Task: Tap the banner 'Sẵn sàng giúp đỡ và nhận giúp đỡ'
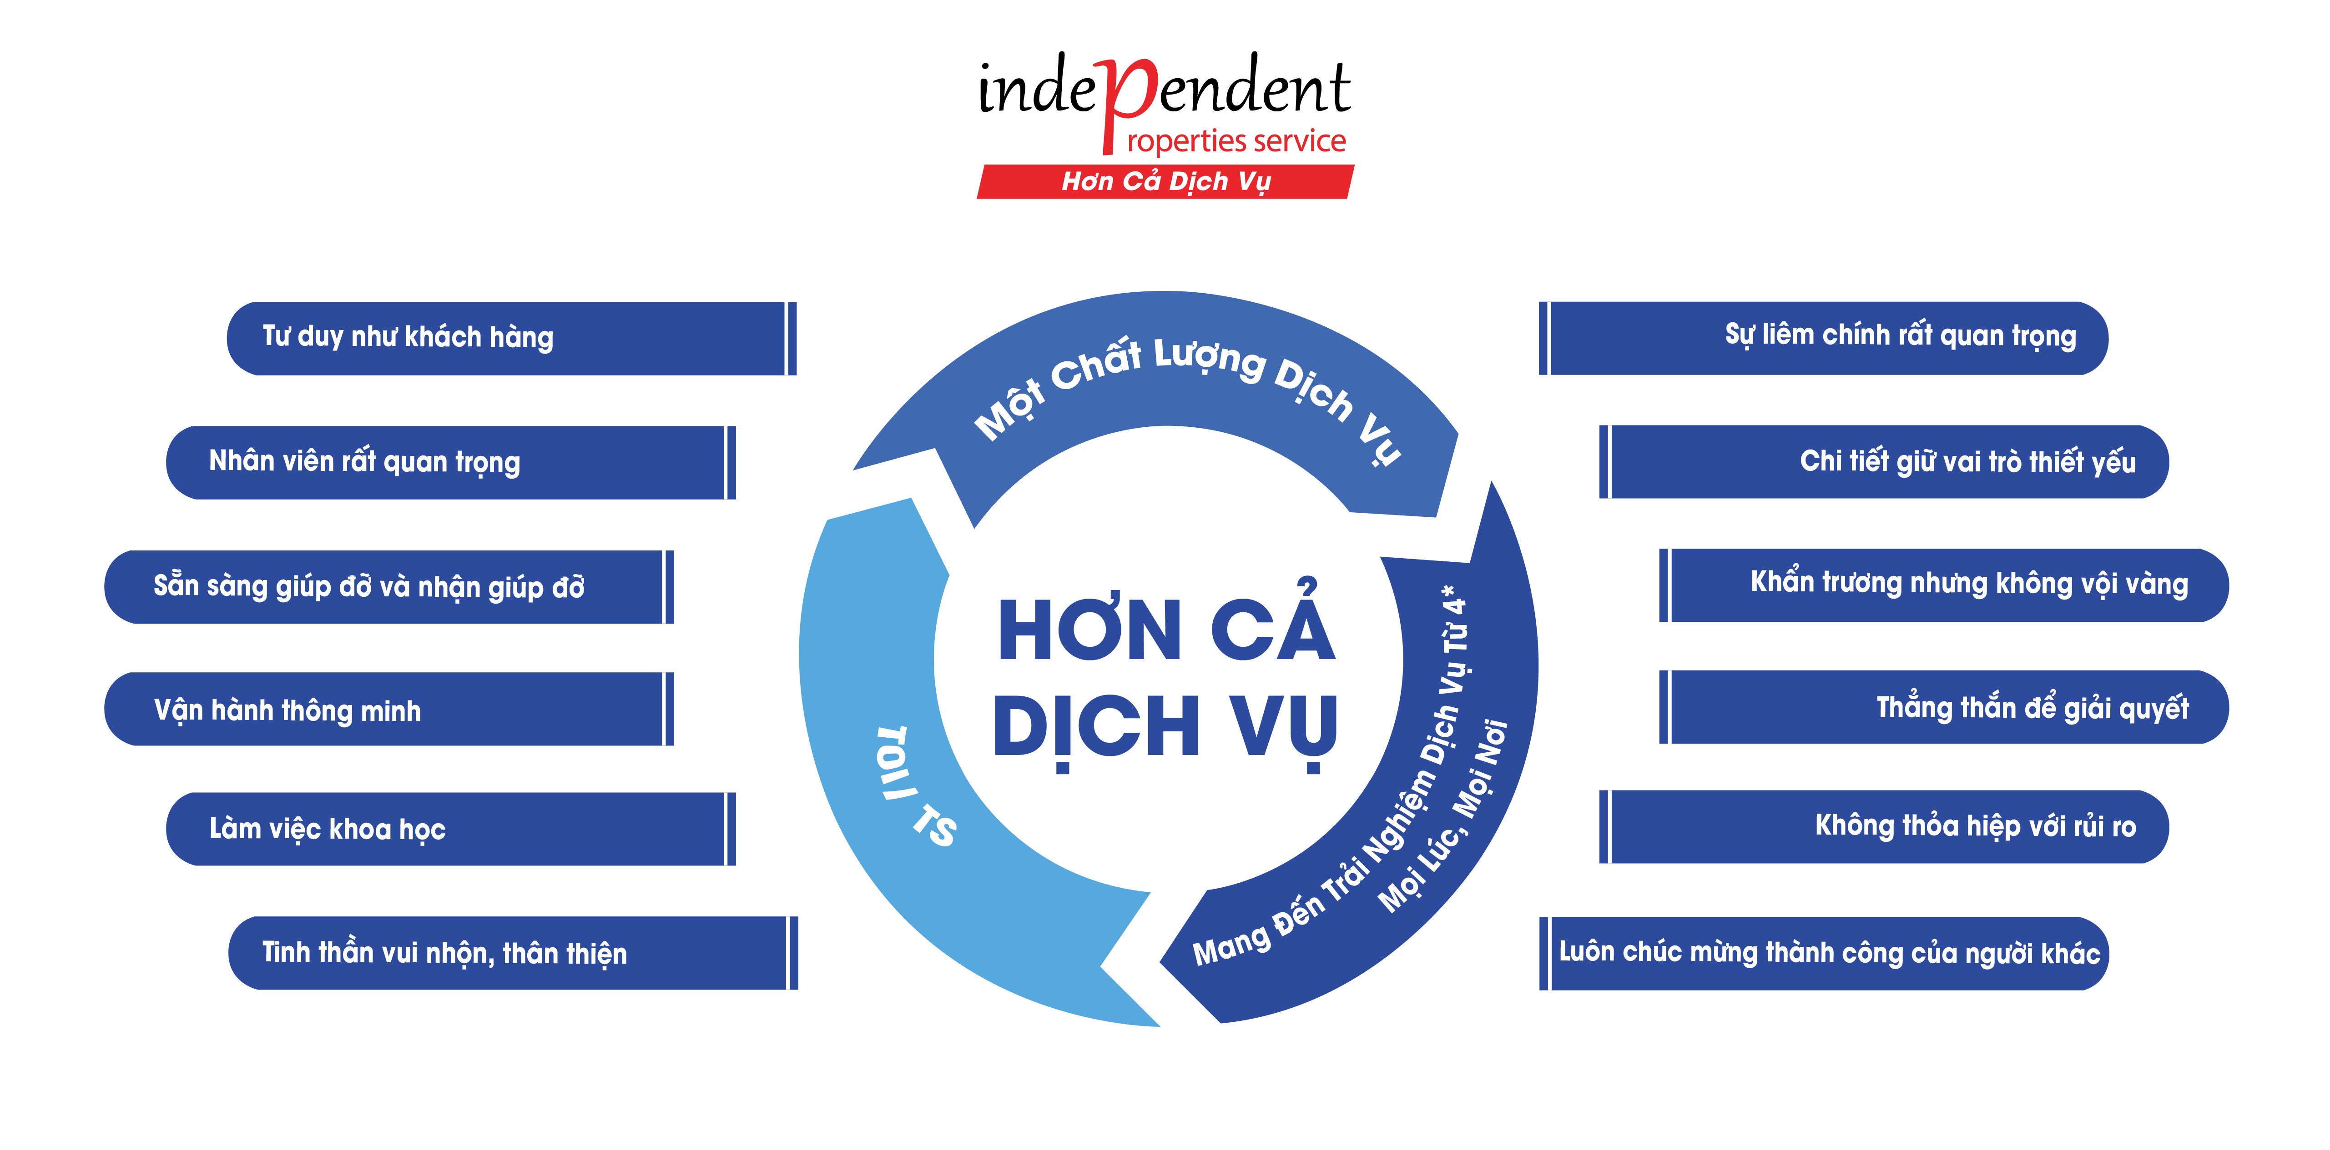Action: pyautogui.click(x=389, y=587)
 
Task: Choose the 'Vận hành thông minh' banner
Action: pyautogui.click(x=389, y=710)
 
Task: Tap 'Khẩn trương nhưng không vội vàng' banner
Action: pyautogui.click(x=1945, y=585)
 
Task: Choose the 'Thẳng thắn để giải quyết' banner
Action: pyautogui.click(x=1945, y=707)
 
